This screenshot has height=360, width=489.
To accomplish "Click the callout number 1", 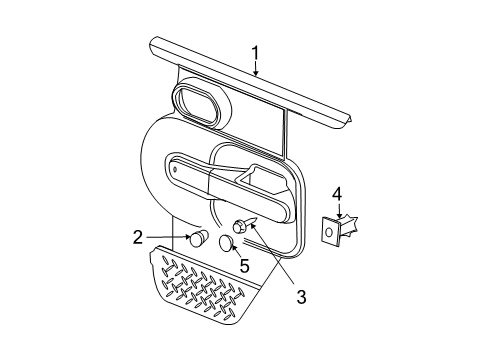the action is click(x=255, y=53).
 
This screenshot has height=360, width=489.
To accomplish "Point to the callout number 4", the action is click(x=337, y=193).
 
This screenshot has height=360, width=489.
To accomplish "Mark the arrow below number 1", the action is click(x=255, y=69).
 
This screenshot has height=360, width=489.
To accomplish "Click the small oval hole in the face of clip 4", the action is click(x=330, y=234).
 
